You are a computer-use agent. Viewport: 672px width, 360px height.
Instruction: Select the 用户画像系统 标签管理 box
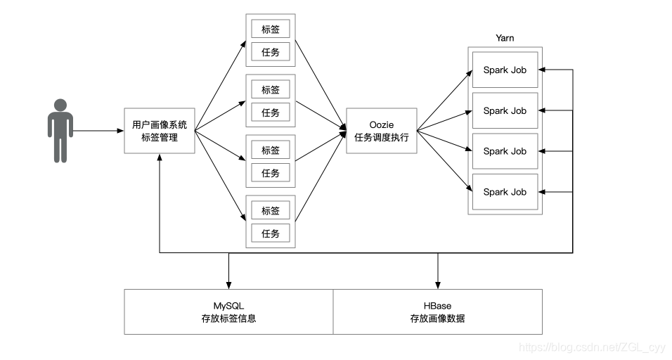(x=160, y=131)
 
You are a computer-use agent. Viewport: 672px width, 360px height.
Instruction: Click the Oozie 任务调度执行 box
(x=382, y=131)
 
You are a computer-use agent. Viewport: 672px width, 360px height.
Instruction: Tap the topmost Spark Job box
(x=505, y=70)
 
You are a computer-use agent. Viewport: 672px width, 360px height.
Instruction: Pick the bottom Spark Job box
(x=505, y=192)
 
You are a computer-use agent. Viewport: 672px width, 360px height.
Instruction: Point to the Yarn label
(x=504, y=38)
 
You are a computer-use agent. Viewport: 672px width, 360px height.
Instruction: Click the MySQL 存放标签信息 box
(x=228, y=311)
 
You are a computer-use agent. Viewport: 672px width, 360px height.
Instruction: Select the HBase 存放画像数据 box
(x=437, y=311)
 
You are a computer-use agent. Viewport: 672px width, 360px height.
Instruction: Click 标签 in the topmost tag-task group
(x=271, y=29)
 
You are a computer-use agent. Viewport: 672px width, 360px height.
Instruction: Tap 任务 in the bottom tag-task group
(x=271, y=233)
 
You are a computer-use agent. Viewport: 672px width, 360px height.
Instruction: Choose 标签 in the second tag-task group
(x=271, y=90)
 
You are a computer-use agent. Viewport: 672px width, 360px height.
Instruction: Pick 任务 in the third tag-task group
(x=271, y=173)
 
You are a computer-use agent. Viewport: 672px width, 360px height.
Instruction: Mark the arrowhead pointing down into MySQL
(x=228, y=283)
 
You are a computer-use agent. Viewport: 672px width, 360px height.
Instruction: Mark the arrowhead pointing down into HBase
(x=438, y=283)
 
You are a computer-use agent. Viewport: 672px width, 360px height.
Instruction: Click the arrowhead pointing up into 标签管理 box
(x=160, y=159)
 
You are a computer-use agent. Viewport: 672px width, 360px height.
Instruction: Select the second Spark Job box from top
(x=505, y=110)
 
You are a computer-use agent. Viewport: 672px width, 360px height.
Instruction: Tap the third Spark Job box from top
(x=505, y=151)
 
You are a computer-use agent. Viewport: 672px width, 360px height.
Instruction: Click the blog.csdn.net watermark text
(x=591, y=347)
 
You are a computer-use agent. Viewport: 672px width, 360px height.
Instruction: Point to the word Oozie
(x=382, y=124)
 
